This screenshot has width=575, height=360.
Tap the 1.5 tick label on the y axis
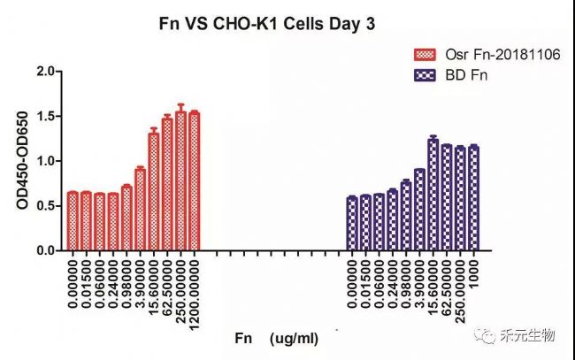point(46,116)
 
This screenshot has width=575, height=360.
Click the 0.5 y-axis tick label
point(46,206)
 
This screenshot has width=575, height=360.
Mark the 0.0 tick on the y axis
point(46,251)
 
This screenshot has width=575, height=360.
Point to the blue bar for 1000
point(473,198)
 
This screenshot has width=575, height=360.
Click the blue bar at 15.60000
point(433,195)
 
